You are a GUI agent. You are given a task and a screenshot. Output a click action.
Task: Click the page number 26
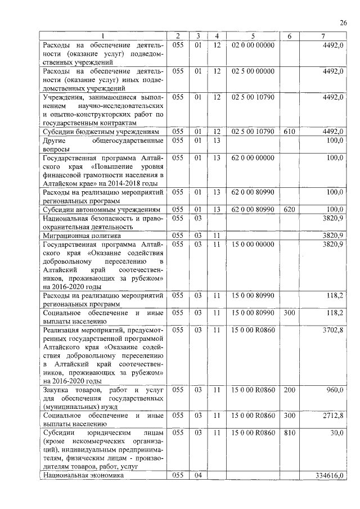coord(343,22)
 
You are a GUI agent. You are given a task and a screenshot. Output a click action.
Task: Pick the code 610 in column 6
coord(289,132)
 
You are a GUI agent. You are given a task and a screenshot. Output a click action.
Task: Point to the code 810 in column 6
coord(289,433)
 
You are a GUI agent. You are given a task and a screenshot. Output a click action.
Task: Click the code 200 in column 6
coord(289,390)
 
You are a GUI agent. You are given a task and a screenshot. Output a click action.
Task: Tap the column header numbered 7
coord(322,37)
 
